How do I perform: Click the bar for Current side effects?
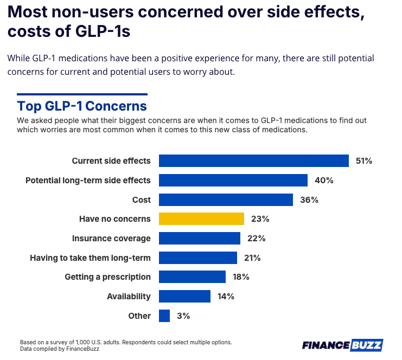(x=253, y=161)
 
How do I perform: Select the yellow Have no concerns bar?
(x=201, y=219)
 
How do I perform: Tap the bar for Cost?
(x=226, y=200)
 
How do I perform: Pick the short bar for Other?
(x=164, y=316)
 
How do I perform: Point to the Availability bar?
(x=184, y=296)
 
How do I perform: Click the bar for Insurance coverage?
(x=199, y=239)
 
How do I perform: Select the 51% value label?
(x=363, y=161)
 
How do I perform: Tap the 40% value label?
(x=324, y=181)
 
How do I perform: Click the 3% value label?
(x=183, y=316)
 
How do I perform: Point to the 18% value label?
(x=241, y=277)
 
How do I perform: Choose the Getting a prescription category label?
(x=107, y=277)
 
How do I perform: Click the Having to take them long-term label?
(x=90, y=258)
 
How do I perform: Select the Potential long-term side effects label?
(x=88, y=181)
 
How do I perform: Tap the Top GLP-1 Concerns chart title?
(x=82, y=105)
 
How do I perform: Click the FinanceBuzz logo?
(x=342, y=345)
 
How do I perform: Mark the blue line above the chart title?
(x=82, y=94)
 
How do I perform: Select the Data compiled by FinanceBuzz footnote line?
(x=60, y=349)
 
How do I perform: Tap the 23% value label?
(x=260, y=219)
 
